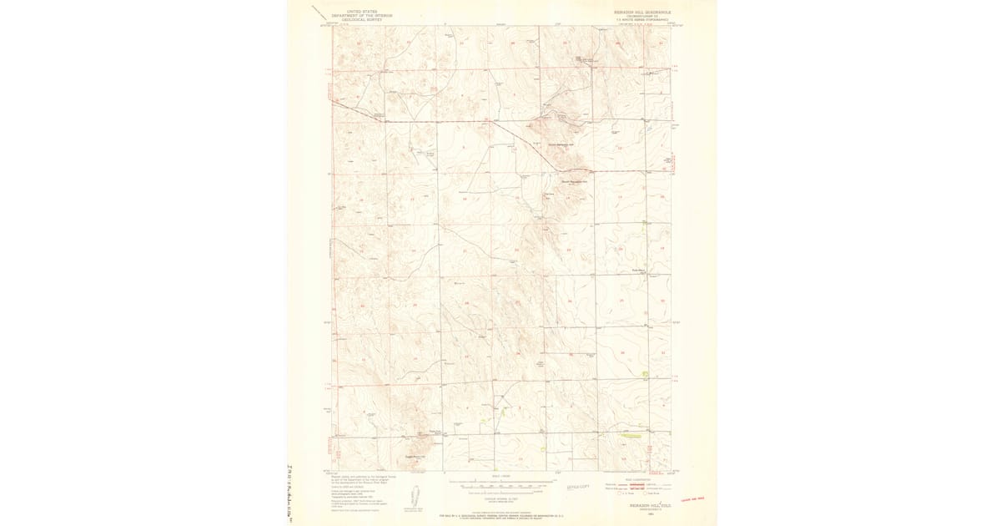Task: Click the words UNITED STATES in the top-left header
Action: point(349,12)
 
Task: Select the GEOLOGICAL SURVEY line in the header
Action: point(349,18)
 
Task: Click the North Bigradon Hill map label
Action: point(562,143)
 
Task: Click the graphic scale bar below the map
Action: point(500,482)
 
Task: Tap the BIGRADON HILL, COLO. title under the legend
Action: point(642,505)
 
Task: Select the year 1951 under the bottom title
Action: point(642,511)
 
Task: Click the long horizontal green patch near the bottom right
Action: point(631,435)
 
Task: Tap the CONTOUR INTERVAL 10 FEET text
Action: point(500,490)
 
